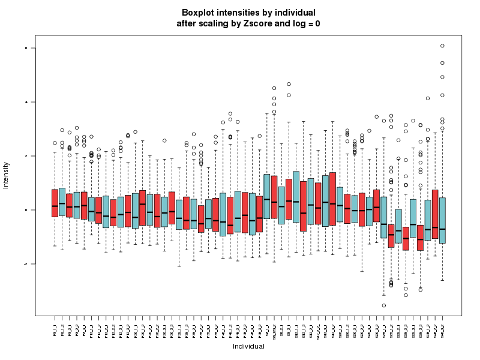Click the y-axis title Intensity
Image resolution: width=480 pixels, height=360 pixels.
7,175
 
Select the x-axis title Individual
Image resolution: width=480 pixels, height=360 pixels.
248,346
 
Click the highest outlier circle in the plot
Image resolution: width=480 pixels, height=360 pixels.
442,46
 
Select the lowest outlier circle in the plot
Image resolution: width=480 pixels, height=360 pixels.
384,305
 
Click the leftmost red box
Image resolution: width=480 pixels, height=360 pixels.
55,203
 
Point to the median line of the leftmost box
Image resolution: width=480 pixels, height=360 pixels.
55,206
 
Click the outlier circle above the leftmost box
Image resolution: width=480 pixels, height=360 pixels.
55,143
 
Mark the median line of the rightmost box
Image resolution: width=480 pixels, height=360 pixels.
442,229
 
